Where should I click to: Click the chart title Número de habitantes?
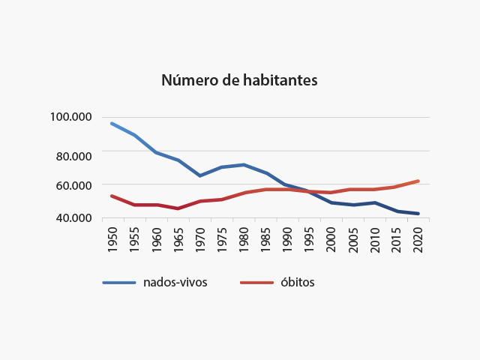[239, 80]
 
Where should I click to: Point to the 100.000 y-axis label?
[71, 117]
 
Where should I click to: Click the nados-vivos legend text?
[175, 283]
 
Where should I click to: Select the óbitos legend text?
[298, 283]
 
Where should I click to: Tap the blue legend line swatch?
[118, 283]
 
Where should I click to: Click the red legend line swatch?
[256, 283]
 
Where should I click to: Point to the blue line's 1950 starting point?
[112, 124]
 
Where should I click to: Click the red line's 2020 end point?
[418, 181]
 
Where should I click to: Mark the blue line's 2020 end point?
[418, 214]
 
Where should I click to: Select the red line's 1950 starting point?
[112, 196]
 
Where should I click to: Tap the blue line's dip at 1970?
[200, 175]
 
